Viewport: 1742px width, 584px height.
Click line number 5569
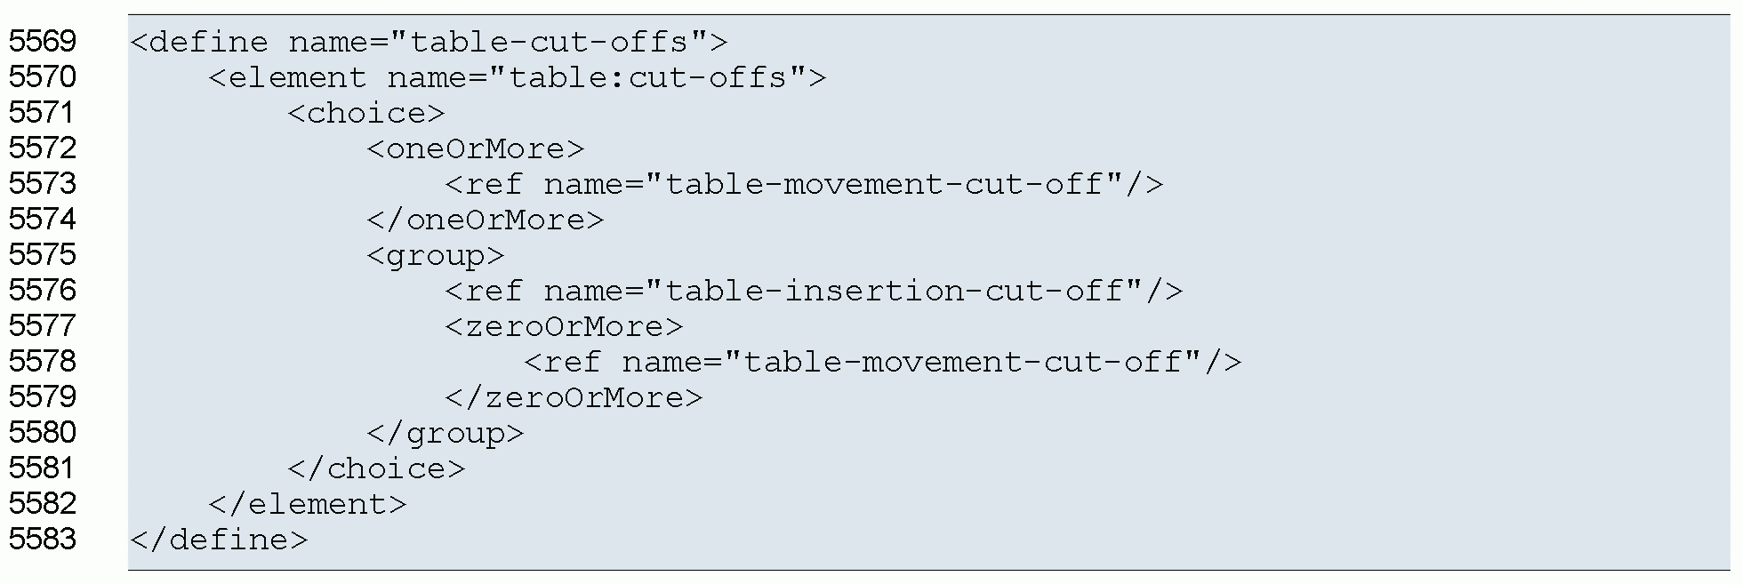pyautogui.click(x=43, y=42)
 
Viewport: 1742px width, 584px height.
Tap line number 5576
pyautogui.click(x=43, y=291)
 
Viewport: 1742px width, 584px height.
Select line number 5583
pyautogui.click(x=43, y=540)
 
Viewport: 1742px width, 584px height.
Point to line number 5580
pyautogui.click(x=43, y=433)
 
